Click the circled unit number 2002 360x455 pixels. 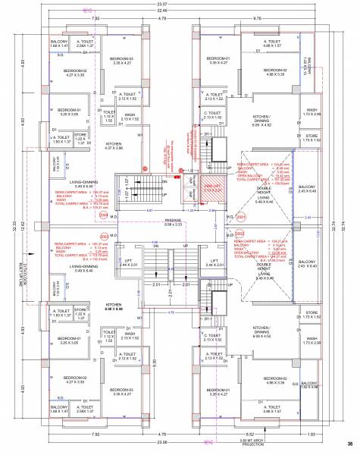coord(240,233)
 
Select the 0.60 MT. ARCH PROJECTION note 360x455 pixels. coord(256,441)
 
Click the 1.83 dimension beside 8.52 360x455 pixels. coord(333,434)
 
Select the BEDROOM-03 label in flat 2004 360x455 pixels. coord(121,61)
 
